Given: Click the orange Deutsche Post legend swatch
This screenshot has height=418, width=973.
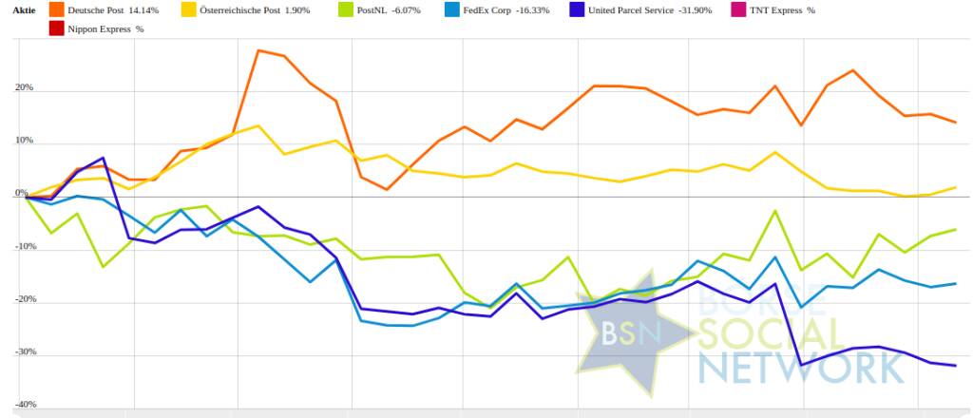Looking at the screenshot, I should click(57, 10).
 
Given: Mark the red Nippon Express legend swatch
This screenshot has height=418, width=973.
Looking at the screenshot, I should click(57, 28).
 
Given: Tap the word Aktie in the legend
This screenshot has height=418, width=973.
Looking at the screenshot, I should click(24, 10).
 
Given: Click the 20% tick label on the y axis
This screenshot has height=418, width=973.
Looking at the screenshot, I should click(23, 88).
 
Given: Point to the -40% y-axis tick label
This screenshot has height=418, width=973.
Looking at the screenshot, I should click(20, 405).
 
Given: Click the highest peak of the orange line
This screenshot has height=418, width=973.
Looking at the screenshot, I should click(258, 50).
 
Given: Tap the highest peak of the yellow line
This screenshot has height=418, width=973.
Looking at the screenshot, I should click(258, 125).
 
